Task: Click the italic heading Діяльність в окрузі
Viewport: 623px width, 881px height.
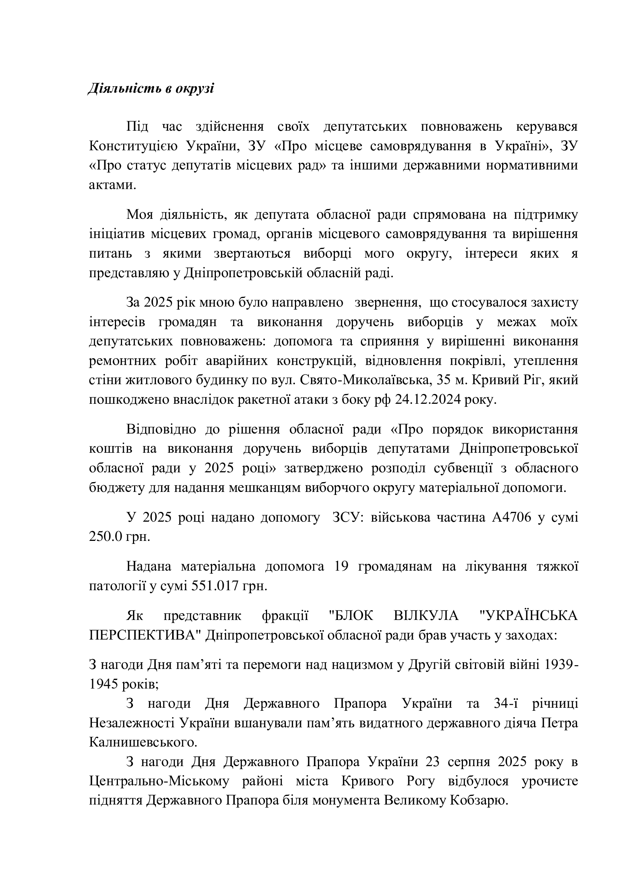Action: click(151, 89)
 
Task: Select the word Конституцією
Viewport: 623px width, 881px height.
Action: click(133, 146)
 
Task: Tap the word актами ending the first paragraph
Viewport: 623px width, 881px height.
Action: click(112, 185)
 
